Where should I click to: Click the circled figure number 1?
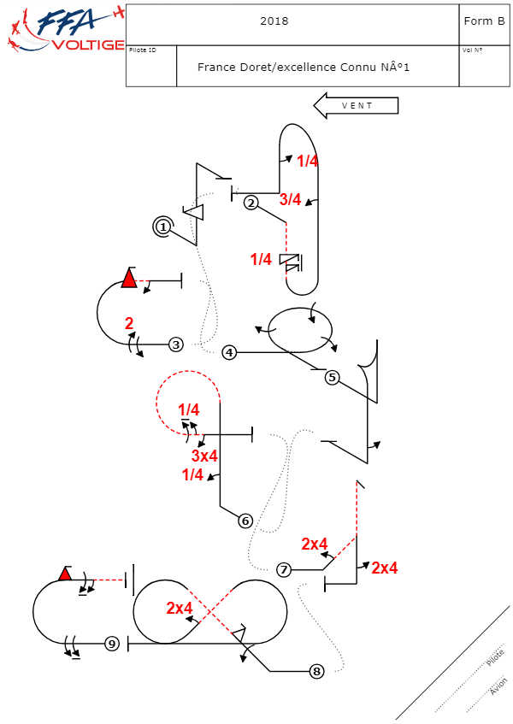162,227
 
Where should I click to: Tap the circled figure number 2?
251,203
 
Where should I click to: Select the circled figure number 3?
175,344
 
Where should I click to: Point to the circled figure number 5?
333,377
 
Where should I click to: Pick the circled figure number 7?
285,569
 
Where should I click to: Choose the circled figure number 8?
317,671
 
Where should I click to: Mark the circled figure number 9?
111,644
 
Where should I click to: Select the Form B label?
484,21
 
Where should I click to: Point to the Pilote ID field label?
142,50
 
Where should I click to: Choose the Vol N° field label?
472,50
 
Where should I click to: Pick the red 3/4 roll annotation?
291,200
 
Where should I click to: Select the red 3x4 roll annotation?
204,456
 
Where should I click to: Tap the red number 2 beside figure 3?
129,324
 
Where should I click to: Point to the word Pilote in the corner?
495,657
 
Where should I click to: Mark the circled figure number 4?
229,352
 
